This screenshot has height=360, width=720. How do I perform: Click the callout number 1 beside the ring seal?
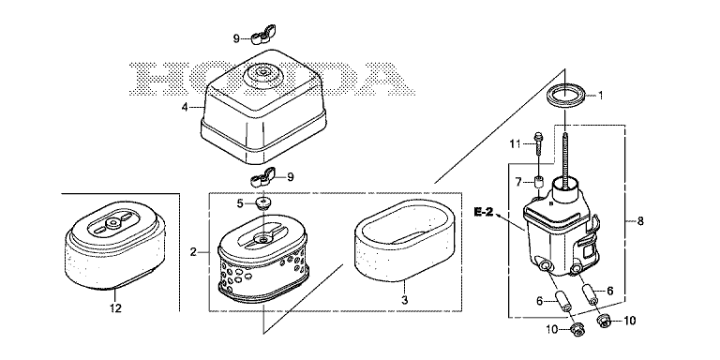pos(600,96)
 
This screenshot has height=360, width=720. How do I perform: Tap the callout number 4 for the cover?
pos(185,108)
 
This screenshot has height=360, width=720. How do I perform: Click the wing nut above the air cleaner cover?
pos(261,38)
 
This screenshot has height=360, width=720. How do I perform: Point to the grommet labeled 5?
pos(263,202)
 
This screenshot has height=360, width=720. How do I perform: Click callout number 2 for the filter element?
pos(194,252)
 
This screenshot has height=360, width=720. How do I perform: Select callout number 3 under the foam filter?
pos(405,301)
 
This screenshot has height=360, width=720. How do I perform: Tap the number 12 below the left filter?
pos(115,308)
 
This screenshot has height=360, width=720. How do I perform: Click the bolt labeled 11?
pos(537,143)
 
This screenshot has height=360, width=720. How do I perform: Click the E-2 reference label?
pos(484,212)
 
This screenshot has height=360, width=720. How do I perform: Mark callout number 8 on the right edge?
pos(640,221)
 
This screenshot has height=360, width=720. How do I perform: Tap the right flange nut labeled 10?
pos(606,321)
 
